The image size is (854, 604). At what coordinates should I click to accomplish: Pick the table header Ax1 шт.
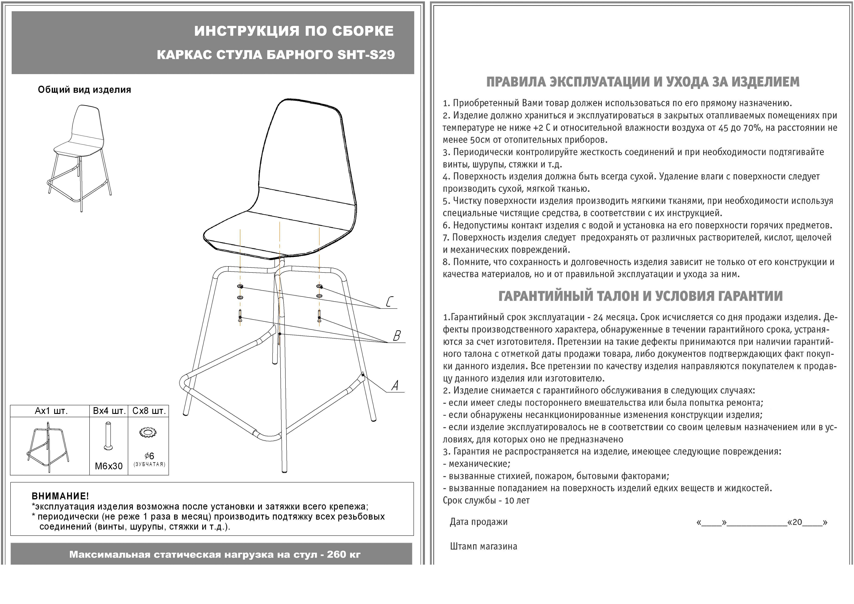tap(51, 411)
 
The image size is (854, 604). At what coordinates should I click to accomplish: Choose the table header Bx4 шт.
tap(109, 411)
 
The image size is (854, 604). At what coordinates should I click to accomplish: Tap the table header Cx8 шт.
tap(149, 411)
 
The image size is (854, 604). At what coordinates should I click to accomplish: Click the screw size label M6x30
tap(109, 466)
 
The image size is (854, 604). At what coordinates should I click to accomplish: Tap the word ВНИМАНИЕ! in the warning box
tap(60, 496)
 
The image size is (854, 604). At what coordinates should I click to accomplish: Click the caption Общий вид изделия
tap(84, 90)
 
